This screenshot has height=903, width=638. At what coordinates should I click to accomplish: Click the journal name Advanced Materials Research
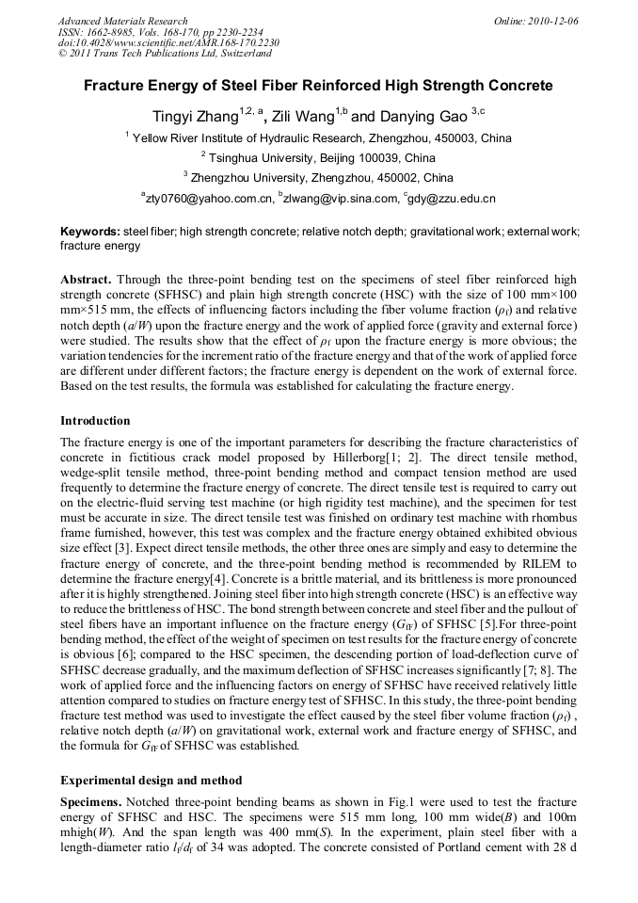(x=122, y=21)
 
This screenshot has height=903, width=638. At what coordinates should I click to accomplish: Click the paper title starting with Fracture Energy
(x=319, y=86)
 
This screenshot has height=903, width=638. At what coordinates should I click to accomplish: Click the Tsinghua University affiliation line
(x=318, y=157)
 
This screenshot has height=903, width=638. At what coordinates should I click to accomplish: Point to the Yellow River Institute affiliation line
(x=318, y=137)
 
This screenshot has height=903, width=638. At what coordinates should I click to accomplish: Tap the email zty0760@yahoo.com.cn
(x=207, y=199)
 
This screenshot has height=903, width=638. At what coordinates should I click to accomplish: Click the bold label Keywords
(x=90, y=232)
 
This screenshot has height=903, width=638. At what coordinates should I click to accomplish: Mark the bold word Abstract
(x=88, y=281)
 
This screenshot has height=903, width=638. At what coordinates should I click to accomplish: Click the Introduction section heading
(x=95, y=420)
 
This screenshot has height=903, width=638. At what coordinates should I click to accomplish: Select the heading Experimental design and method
(x=152, y=781)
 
